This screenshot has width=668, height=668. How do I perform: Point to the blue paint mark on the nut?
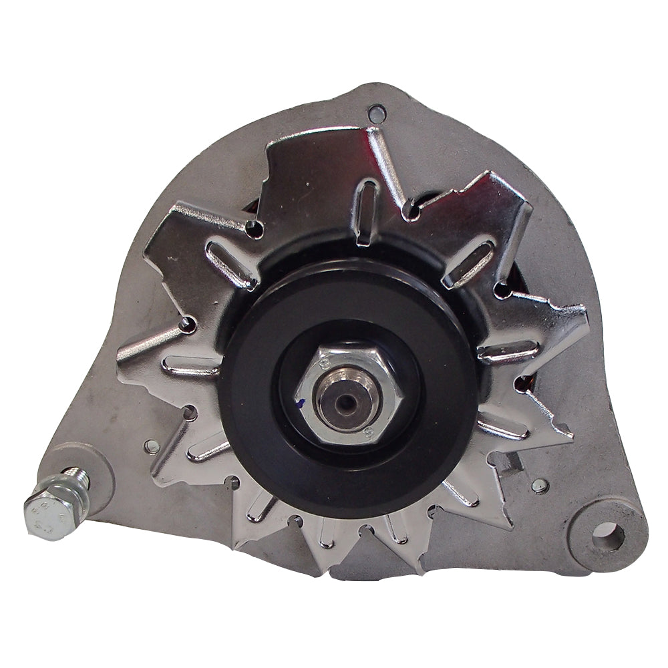[302, 403]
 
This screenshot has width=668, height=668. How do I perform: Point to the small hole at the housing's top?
[377, 112]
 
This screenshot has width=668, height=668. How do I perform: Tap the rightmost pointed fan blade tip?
[583, 314]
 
